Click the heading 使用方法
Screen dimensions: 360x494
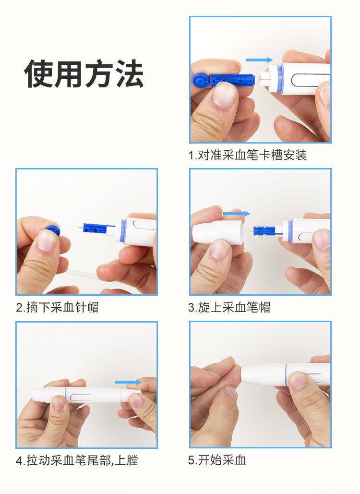pyautogui.click(x=84, y=74)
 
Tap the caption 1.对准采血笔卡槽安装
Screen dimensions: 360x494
pyautogui.click(x=248, y=155)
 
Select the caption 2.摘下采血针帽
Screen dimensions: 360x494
pyautogui.click(x=57, y=307)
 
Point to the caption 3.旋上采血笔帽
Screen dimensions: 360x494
pyautogui.click(x=229, y=307)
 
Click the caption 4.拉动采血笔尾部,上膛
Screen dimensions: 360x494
pyautogui.click(x=77, y=460)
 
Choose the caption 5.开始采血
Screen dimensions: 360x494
pyautogui.click(x=217, y=460)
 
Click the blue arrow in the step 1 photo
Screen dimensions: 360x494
pyautogui.click(x=259, y=60)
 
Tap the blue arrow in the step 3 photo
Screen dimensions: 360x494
pyautogui.click(x=237, y=214)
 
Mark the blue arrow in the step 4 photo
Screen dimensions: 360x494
pyautogui.click(x=128, y=382)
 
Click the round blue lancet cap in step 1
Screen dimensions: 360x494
pyautogui.click(x=201, y=80)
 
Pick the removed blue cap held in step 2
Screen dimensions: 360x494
pyautogui.click(x=53, y=230)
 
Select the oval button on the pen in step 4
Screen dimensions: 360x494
pyautogui.click(x=81, y=398)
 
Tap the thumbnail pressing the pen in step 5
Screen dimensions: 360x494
pyautogui.click(x=298, y=381)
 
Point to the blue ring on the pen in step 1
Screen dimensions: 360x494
pyautogui.click(x=279, y=78)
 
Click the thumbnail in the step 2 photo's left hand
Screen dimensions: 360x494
pyautogui.click(x=47, y=240)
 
